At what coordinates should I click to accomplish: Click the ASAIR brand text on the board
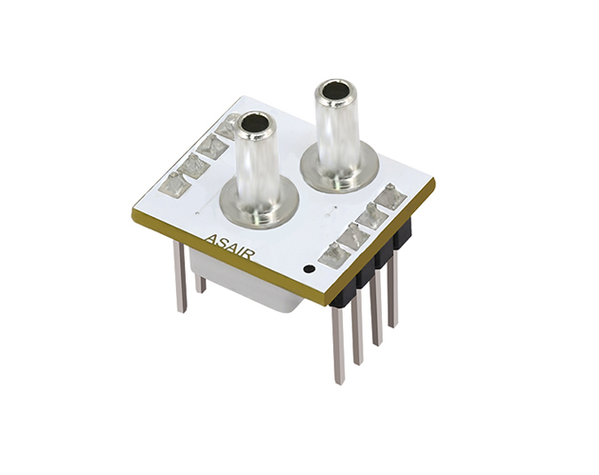229,247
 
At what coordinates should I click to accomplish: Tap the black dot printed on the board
309,269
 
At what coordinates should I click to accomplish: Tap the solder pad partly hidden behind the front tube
228,124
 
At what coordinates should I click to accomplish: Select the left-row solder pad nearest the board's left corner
174,185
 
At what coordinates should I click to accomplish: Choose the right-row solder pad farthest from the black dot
389,196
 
